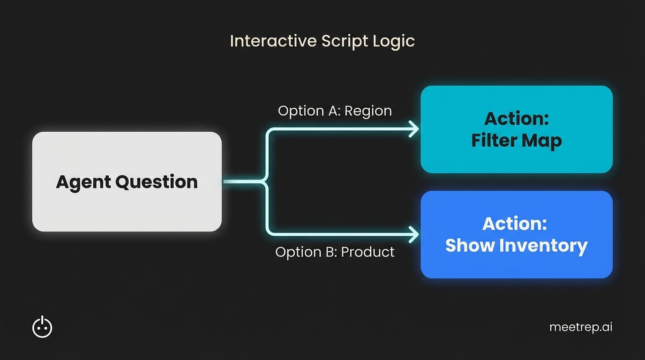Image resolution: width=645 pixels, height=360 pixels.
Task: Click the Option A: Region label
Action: [x=335, y=111]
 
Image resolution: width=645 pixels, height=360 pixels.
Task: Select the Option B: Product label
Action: [x=335, y=252]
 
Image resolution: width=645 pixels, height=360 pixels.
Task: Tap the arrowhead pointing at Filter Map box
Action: [x=414, y=129]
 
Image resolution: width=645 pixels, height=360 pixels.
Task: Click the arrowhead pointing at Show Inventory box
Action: [x=414, y=234]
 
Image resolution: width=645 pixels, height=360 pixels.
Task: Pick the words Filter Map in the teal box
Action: [x=517, y=140]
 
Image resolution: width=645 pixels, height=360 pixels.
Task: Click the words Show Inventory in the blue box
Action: [x=517, y=245]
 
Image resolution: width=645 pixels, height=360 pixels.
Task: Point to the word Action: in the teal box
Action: [x=517, y=119]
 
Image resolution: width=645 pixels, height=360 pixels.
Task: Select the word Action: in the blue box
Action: [x=515, y=224]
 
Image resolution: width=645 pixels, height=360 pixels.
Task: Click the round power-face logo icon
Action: [x=42, y=327]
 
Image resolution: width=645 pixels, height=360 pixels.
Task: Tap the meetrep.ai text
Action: [x=581, y=327]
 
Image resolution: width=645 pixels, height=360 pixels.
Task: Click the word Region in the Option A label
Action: [x=369, y=111]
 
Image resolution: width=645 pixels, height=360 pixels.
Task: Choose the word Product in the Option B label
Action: [x=367, y=252]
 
